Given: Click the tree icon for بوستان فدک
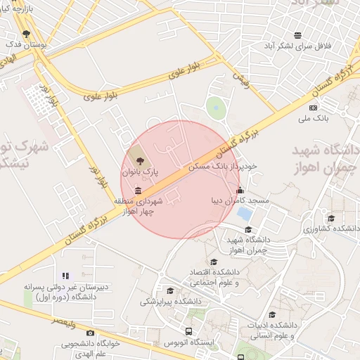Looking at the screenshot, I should (x=26, y=33).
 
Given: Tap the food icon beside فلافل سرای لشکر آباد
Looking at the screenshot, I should (x=298, y=34).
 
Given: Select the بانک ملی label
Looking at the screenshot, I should (x=313, y=119).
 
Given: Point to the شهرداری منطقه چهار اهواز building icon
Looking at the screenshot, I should (x=137, y=191).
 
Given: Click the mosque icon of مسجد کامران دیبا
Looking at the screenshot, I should (x=240, y=189).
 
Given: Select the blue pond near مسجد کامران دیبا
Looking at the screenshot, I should (x=245, y=212).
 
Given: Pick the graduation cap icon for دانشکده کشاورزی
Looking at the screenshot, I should (x=331, y=218).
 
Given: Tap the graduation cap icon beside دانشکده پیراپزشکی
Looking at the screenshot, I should (x=169, y=290).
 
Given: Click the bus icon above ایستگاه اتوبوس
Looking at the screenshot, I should (x=188, y=331).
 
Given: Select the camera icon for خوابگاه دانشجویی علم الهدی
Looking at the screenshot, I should (x=90, y=333).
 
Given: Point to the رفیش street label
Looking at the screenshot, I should (x=240, y=76).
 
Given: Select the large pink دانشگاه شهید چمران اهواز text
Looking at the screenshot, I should (x=325, y=161).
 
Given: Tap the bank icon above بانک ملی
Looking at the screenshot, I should (x=313, y=108).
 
